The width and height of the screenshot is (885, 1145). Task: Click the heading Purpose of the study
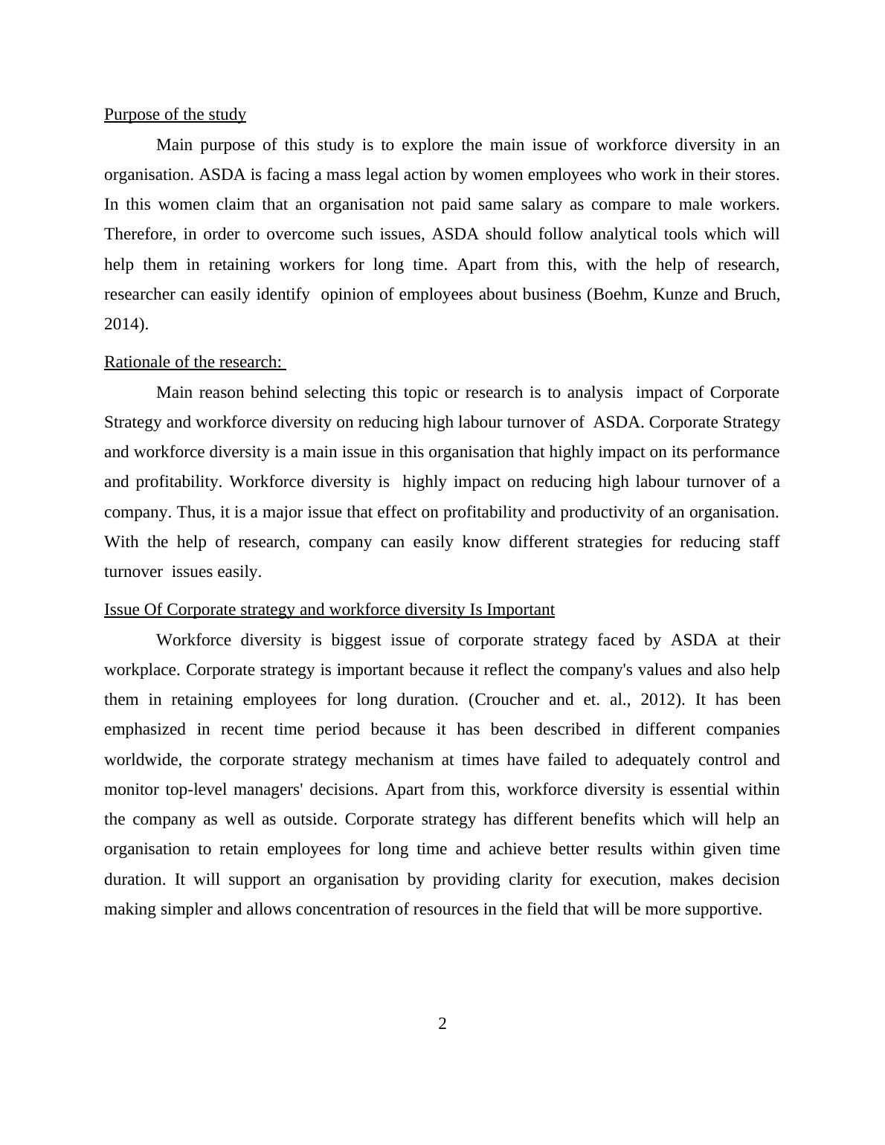(x=175, y=115)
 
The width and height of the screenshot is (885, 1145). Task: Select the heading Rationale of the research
(x=193, y=362)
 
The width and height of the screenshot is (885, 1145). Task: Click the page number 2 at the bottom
(x=442, y=1024)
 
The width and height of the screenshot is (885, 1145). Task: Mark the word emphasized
(x=146, y=729)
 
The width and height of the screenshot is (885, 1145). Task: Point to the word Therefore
(x=140, y=234)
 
